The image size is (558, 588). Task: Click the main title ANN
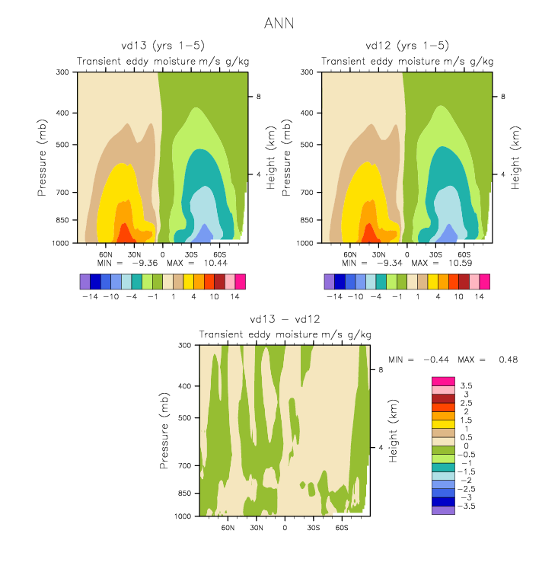click(x=279, y=24)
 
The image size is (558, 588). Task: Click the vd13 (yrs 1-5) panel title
click(x=163, y=46)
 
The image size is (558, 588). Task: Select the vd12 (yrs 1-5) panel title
click(x=407, y=46)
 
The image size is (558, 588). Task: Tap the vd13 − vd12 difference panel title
click(x=285, y=319)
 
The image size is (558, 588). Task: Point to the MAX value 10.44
click(x=215, y=263)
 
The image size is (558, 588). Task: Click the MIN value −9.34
click(x=389, y=263)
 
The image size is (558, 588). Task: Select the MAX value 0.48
click(x=509, y=360)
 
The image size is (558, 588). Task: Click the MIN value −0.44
click(x=436, y=360)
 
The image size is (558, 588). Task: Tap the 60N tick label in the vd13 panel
click(x=106, y=254)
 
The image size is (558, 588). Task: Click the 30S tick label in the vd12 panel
click(x=435, y=254)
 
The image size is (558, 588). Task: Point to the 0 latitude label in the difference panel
click(x=285, y=528)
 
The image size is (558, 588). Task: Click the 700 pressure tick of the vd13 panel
click(x=62, y=193)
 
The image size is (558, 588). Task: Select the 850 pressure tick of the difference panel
click(x=184, y=493)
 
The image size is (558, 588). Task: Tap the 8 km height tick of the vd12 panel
click(x=503, y=97)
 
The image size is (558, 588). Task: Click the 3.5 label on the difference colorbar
click(x=466, y=385)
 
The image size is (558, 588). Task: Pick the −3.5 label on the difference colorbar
click(x=466, y=506)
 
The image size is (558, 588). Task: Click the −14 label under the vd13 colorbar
click(x=90, y=296)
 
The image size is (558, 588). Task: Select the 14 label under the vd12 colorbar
click(x=480, y=296)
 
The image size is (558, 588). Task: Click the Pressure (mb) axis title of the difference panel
click(x=164, y=430)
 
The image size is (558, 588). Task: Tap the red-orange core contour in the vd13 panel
click(x=124, y=235)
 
